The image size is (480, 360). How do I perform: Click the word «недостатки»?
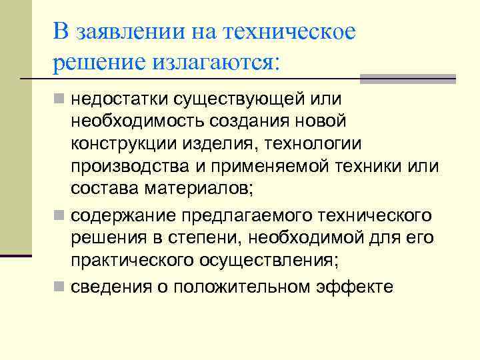[119, 100]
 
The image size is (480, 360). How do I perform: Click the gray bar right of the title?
[408, 79]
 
